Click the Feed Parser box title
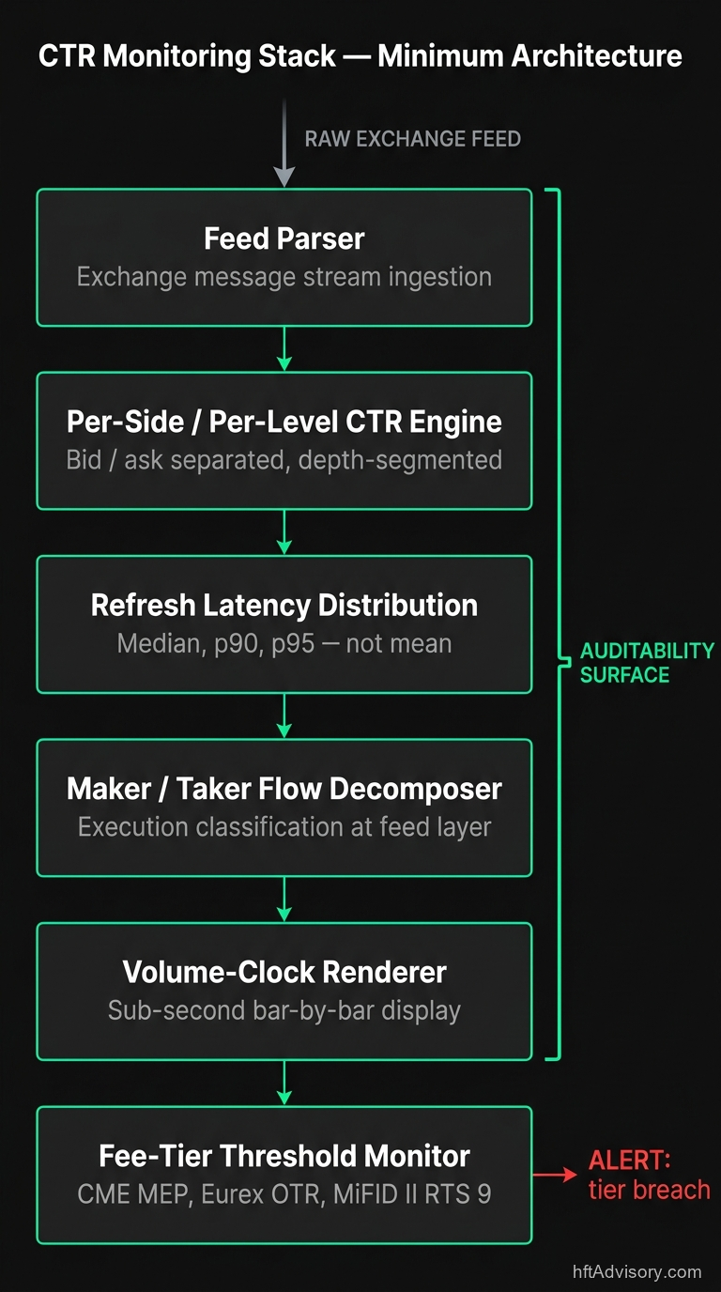click(x=284, y=238)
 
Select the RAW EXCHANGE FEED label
click(x=412, y=140)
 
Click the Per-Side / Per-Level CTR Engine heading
click(x=284, y=422)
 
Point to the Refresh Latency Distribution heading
click(x=284, y=605)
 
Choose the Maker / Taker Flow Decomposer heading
click(x=284, y=789)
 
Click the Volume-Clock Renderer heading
click(x=284, y=972)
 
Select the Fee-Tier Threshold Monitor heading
click(x=284, y=1156)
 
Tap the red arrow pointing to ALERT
click(x=556, y=1174)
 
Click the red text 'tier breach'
click(x=649, y=1190)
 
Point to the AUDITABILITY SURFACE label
click(x=646, y=663)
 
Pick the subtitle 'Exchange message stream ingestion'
click(x=284, y=277)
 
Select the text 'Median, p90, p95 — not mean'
click(x=284, y=644)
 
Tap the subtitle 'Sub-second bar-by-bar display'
click(x=284, y=1010)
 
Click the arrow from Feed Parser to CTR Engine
click(x=284, y=349)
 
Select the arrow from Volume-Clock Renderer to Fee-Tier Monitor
click(x=284, y=1084)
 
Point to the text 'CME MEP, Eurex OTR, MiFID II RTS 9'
click(x=284, y=1194)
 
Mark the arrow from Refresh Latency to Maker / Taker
click(x=284, y=716)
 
